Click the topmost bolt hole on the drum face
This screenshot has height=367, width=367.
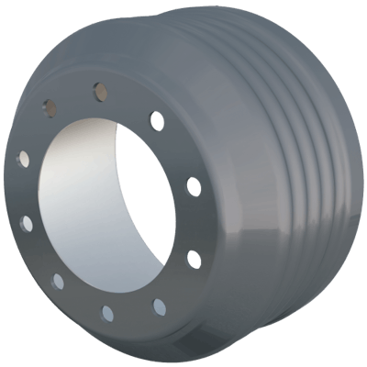coord(99,91)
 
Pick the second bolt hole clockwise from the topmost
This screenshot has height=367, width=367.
coord(193,186)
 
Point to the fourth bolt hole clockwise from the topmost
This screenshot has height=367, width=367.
coord(160,306)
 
